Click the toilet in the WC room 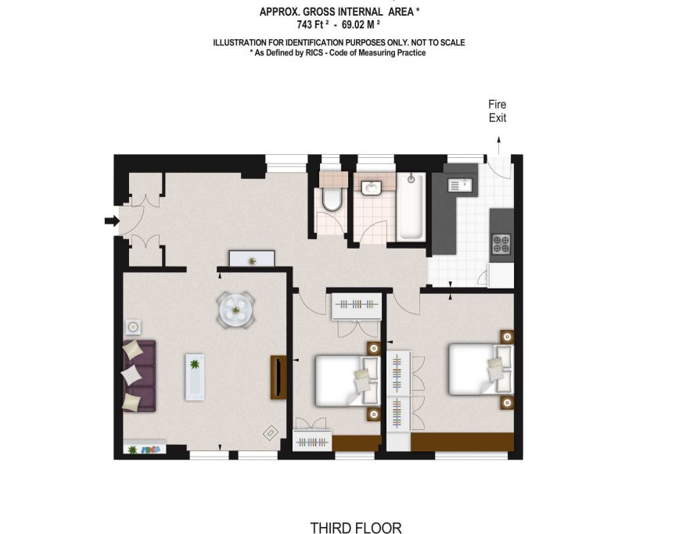pyautogui.click(x=332, y=199)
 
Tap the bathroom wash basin pyautogui.click(x=371, y=188)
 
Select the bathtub pyautogui.click(x=411, y=206)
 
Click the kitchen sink pyautogui.click(x=459, y=185)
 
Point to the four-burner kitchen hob pyautogui.click(x=501, y=244)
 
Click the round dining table pyautogui.click(x=235, y=310)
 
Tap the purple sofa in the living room pyautogui.click(x=138, y=375)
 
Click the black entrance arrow pyautogui.click(x=112, y=221)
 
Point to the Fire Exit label pyautogui.click(x=498, y=111)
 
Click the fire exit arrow pyautogui.click(x=499, y=145)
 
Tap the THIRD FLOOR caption pyautogui.click(x=355, y=528)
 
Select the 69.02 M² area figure pyautogui.click(x=361, y=25)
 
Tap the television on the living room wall pyautogui.click(x=278, y=377)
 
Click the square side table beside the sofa pyautogui.click(x=133, y=327)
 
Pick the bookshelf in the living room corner pyautogui.click(x=145, y=447)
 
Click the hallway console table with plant pyautogui.click(x=252, y=259)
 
